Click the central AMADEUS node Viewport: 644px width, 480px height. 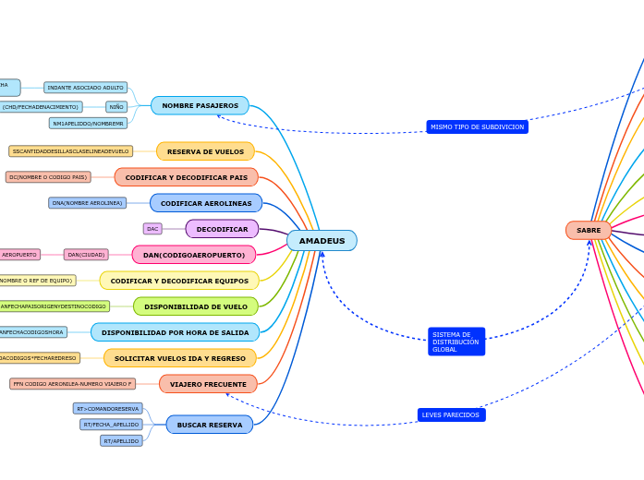tap(322, 241)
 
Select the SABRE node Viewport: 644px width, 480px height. tap(589, 230)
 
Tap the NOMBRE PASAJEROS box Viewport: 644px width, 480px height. tap(200, 106)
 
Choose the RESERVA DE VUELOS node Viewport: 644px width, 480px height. tap(205, 151)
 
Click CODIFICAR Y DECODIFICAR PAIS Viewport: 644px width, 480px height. tap(186, 177)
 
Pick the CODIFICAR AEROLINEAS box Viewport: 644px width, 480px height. tap(206, 203)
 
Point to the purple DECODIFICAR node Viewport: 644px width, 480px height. tap(222, 229)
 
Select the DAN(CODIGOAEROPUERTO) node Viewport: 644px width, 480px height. tap(194, 255)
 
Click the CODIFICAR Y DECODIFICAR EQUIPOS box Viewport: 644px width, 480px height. tap(179, 281)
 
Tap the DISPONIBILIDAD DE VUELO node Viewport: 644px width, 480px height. tap(196, 306)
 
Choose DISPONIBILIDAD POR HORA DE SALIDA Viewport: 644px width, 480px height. tap(175, 332)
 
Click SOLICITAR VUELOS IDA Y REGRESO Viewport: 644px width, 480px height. tap(180, 358)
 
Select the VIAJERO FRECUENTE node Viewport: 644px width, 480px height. tap(208, 384)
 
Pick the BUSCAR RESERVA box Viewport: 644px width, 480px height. tap(210, 425)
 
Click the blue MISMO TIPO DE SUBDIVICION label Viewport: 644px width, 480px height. tap(477, 126)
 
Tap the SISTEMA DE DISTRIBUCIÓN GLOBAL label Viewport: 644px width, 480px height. tap(456, 342)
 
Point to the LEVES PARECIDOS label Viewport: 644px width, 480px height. tap(451, 415)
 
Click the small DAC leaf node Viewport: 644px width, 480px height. tap(152, 229)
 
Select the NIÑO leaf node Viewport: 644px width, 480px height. tap(116, 107)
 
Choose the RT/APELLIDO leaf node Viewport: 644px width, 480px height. tap(121, 441)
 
